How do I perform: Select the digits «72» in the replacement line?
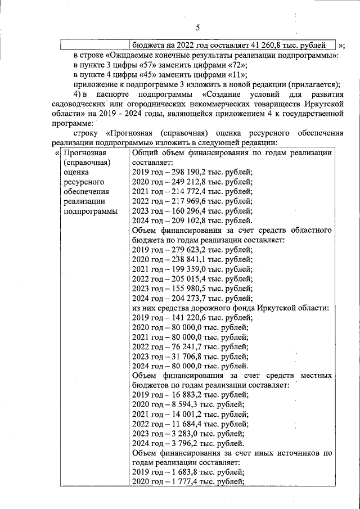pos(231,65)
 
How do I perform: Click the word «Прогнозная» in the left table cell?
pos(84,153)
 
